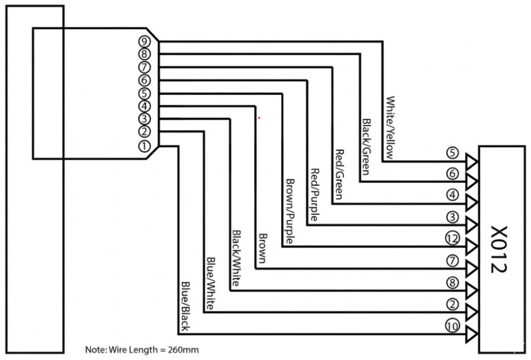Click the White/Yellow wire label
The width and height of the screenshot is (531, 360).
click(x=390, y=128)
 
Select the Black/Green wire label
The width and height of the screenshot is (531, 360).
click(x=366, y=147)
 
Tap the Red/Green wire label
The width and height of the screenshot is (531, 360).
click(x=339, y=174)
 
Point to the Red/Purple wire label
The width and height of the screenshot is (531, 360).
click(x=315, y=195)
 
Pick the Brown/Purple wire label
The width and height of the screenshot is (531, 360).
click(x=290, y=211)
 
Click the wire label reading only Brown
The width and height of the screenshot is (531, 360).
click(x=262, y=248)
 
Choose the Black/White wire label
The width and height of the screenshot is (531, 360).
click(x=236, y=258)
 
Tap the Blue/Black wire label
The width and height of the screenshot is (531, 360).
click(x=185, y=306)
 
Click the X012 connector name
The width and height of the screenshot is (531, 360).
click(x=499, y=249)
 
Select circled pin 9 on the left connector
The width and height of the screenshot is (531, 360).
click(x=144, y=41)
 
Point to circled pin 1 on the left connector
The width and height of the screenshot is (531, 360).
click(x=144, y=146)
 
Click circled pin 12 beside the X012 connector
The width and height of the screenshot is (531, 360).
click(x=453, y=239)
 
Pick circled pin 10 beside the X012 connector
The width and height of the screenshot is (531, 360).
click(x=453, y=326)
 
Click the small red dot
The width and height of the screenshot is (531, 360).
click(x=259, y=118)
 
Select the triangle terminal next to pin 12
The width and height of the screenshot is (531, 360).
click(x=471, y=247)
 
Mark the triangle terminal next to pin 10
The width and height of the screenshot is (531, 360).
click(x=471, y=334)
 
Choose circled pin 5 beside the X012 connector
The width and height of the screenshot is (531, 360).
click(x=453, y=153)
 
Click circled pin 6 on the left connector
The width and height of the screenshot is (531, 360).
click(x=144, y=80)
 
